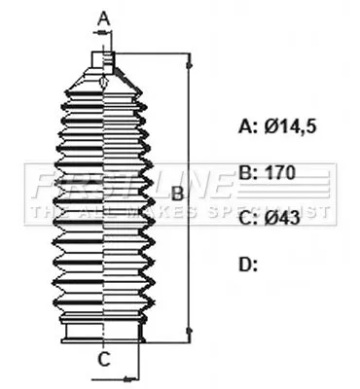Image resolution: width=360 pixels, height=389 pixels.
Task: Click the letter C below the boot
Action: click(103, 360)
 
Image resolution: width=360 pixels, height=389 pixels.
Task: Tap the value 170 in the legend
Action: click(280, 172)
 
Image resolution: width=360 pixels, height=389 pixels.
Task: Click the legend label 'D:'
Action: click(248, 264)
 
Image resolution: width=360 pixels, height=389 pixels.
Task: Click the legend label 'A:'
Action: click(248, 125)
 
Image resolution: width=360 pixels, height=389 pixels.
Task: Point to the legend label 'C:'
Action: click(248, 218)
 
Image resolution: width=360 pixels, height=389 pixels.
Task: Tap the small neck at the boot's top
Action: click(104, 61)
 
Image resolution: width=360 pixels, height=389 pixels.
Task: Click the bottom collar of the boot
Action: click(103, 335)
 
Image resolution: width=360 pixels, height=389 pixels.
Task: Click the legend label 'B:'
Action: click(248, 172)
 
